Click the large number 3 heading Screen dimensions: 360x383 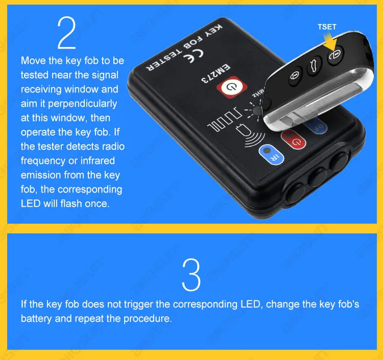[x=191, y=274]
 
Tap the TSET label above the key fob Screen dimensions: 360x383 [x=327, y=27]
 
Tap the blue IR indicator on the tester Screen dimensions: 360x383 [x=266, y=154]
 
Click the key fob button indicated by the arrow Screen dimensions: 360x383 [x=335, y=56]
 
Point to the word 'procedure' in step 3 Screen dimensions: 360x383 [x=150, y=318]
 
